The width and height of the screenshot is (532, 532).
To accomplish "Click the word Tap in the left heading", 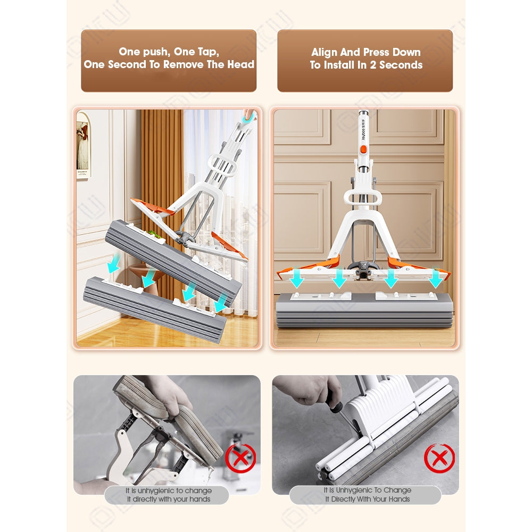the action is tap(207, 52).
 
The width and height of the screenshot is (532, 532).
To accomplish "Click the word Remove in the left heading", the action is tap(184, 64).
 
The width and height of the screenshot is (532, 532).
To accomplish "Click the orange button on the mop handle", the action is tap(363, 149).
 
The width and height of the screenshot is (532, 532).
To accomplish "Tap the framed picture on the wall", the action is tap(82, 145).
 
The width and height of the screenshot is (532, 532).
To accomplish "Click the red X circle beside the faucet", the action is tap(240, 458).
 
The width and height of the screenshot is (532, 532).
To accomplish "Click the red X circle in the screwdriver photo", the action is tap(439, 459).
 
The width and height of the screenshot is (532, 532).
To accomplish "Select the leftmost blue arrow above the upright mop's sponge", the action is tap(297, 278).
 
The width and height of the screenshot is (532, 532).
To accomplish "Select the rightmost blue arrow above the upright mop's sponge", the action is tap(435, 278).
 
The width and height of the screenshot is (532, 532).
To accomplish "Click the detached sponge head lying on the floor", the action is tap(155, 309).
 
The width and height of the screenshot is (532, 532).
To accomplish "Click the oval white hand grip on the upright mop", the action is tap(362, 198).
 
